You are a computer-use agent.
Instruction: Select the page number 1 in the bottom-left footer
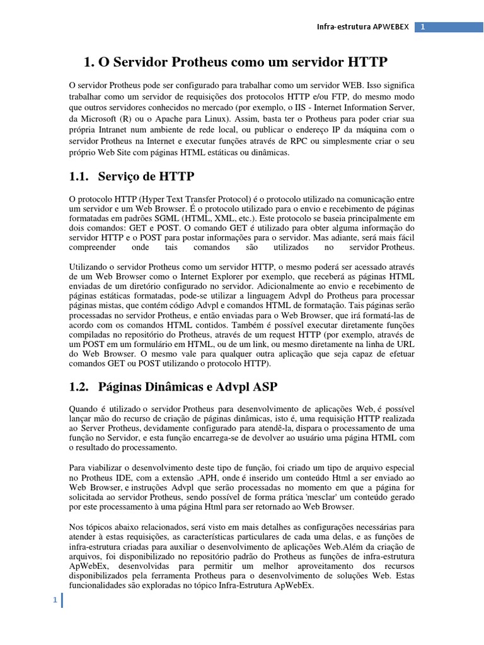click(x=55, y=601)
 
